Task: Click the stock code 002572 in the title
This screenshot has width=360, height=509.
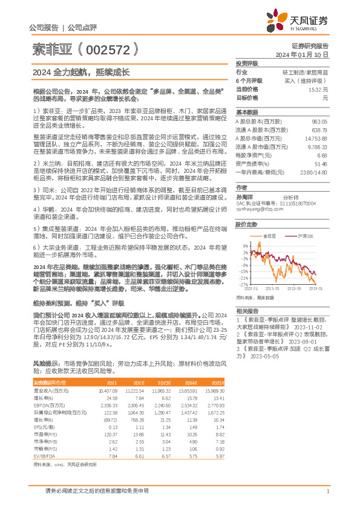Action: [x=115, y=48]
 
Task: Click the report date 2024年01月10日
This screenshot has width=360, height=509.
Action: [x=304, y=54]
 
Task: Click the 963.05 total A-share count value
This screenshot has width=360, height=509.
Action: [x=319, y=122]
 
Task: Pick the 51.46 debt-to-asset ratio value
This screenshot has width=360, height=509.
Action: [x=320, y=164]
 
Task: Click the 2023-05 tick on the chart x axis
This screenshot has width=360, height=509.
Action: [x=270, y=289]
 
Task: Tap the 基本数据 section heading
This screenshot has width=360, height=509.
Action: [x=246, y=112]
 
